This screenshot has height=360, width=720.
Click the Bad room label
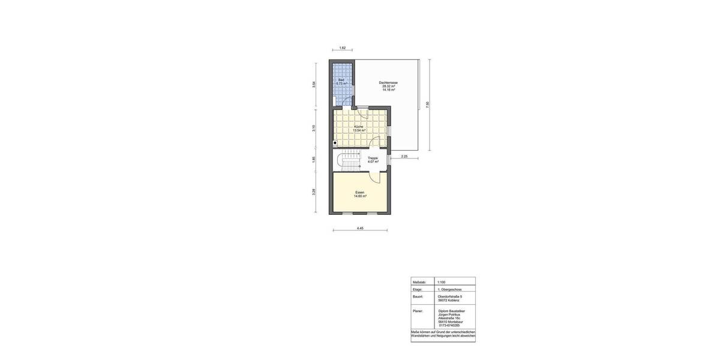tap(341, 80)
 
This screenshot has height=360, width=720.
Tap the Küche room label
tap(359, 127)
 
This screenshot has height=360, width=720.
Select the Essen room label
tap(360, 193)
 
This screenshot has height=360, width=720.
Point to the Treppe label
tap(373, 158)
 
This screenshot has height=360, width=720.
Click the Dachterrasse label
tap(388, 83)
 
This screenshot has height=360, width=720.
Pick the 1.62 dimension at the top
tap(342, 48)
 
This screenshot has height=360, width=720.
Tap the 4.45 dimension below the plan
tap(360, 228)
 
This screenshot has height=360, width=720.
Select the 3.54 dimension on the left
tap(314, 85)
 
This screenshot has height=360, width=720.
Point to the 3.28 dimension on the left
tap(314, 192)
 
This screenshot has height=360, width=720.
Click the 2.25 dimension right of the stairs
tap(404, 156)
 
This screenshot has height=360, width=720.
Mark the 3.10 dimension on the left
tap(314, 128)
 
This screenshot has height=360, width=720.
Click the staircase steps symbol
tap(347, 161)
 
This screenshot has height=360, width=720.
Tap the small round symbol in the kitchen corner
tap(335, 143)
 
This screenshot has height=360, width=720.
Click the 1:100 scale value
tap(442, 282)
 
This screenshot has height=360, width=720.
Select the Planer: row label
tap(418, 311)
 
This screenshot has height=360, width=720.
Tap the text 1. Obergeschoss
tap(450, 289)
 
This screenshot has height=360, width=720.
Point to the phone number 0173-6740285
tap(449, 325)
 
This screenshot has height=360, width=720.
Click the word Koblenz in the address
tap(454, 300)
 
